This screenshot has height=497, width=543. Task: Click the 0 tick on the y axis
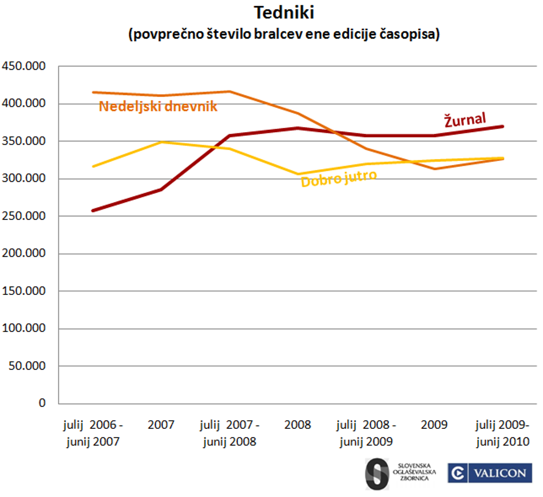pos(42,403)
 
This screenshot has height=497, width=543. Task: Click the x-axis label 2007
pos(161,425)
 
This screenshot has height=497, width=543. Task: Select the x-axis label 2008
pos(297,425)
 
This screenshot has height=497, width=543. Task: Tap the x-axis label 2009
pos(434,425)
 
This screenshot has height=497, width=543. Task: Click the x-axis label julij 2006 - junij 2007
pos(93,434)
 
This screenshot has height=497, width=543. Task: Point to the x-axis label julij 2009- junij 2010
pos(502,434)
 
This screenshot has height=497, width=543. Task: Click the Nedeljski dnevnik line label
pos(158,107)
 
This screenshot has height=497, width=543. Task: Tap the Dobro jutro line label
pos(339,178)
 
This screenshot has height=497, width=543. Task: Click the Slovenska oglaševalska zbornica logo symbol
pos(377,474)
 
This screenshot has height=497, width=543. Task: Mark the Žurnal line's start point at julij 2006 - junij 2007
pos(93,211)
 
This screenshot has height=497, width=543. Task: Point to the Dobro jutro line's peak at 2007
pos(161,142)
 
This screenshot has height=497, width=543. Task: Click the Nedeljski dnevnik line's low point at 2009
pos(434,169)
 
